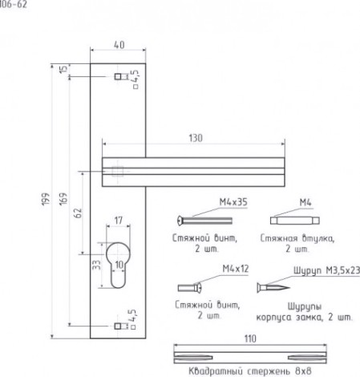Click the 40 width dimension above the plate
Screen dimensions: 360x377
point(119,45)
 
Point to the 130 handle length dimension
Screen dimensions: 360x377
point(196,138)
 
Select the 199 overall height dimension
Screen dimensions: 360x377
point(46,199)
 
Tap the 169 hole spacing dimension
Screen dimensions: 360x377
point(63,199)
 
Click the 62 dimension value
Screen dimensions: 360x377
point(78,213)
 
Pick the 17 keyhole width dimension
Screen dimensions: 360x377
point(119,221)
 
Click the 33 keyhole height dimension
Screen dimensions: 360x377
point(96,265)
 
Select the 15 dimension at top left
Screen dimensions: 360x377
point(63,69)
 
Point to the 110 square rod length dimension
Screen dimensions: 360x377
point(250,338)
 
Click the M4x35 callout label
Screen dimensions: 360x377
point(233,202)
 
